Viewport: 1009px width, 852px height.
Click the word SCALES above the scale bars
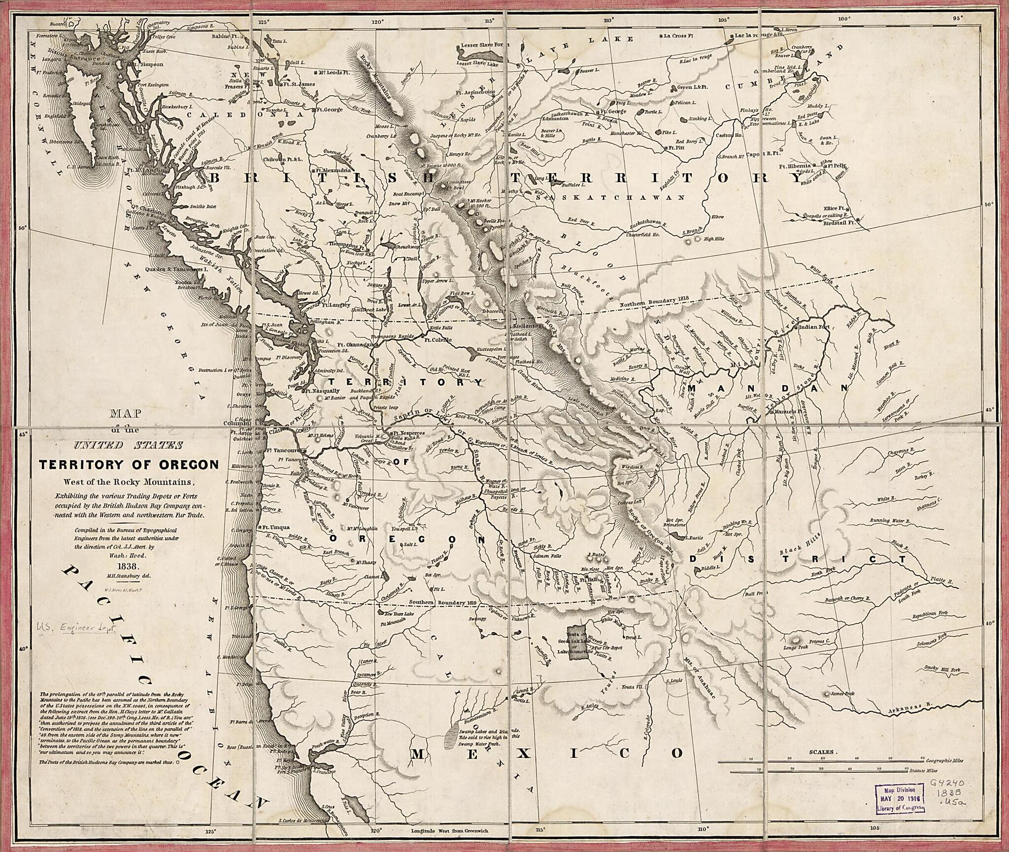coord(821,753)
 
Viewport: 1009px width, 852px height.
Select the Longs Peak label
coord(796,647)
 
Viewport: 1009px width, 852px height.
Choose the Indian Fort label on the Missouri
coord(815,327)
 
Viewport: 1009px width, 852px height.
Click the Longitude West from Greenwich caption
coord(450,831)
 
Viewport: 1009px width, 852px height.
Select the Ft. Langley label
coord(336,305)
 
